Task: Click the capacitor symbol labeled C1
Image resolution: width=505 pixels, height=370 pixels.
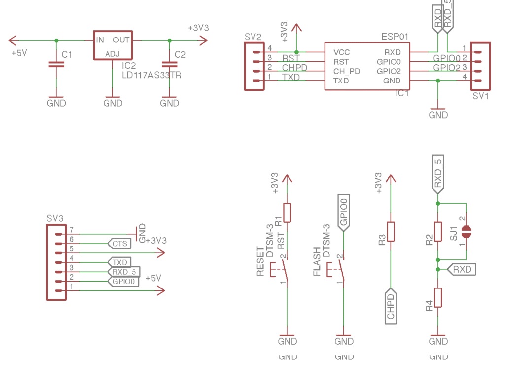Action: click(x=56, y=64)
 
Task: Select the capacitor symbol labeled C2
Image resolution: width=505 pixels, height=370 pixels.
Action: click(x=169, y=64)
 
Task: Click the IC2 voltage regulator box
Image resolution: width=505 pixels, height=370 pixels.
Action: click(x=112, y=45)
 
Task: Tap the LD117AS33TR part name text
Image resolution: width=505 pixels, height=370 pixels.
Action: click(x=151, y=75)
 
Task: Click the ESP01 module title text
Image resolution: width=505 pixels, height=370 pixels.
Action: click(x=395, y=37)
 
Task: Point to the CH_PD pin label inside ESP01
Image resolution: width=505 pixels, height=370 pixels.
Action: click(x=347, y=71)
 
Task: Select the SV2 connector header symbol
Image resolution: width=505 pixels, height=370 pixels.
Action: click(x=254, y=66)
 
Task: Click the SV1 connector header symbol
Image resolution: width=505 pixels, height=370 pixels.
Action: click(x=480, y=66)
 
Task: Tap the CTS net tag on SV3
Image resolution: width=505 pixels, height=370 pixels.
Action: click(x=119, y=244)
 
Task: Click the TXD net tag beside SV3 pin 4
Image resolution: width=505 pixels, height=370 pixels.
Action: click(x=119, y=262)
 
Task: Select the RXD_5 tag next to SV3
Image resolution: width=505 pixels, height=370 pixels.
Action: click(x=123, y=272)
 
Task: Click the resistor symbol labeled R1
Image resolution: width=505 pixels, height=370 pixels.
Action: click(x=287, y=212)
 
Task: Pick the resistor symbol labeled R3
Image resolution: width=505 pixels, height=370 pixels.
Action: click(x=391, y=231)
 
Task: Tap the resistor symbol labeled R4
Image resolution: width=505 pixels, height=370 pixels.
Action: click(x=437, y=297)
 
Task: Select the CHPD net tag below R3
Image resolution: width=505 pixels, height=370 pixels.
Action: click(x=391, y=306)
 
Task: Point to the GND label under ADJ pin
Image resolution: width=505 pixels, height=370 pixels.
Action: click(x=112, y=103)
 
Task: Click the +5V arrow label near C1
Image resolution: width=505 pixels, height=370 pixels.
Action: click(x=19, y=53)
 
